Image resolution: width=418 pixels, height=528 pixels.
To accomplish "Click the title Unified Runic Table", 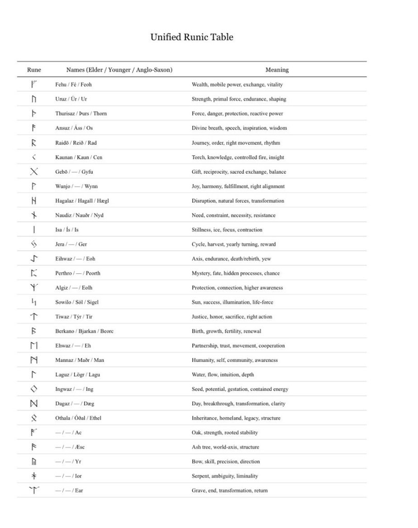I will click(x=192, y=37).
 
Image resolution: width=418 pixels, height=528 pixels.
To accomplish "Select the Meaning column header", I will click(x=277, y=70).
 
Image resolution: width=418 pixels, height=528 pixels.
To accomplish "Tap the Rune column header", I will click(x=34, y=70).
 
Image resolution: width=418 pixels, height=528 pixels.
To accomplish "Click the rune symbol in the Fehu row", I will click(x=34, y=84).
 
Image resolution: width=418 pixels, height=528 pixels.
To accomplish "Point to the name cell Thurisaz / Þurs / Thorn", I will click(x=81, y=113).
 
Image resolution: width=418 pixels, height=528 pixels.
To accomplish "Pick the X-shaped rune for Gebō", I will click(x=34, y=172).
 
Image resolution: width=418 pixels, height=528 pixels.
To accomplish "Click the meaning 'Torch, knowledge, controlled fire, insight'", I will click(x=238, y=157).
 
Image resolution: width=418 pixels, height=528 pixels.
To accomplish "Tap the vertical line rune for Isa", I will click(x=34, y=229).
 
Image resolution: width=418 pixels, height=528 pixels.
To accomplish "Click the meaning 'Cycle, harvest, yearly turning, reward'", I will click(x=233, y=244).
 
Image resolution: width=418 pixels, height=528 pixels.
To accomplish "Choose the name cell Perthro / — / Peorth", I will click(x=78, y=273).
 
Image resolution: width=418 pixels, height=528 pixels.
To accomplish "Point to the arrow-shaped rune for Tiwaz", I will click(x=34, y=317).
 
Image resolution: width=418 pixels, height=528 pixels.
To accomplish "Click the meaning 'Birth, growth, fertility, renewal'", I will click(x=226, y=331).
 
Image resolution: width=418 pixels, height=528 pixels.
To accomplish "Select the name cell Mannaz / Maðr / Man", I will click(x=79, y=360).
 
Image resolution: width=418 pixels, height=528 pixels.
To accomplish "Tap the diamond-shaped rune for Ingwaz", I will click(x=34, y=389).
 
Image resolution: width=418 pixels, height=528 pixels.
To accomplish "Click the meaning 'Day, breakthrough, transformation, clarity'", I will click(x=238, y=404).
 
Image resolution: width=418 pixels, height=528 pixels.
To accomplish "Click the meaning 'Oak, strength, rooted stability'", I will click(x=225, y=433).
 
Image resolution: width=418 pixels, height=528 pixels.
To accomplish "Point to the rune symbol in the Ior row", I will click(x=34, y=475).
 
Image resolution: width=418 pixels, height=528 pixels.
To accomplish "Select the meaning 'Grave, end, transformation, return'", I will click(x=229, y=490).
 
